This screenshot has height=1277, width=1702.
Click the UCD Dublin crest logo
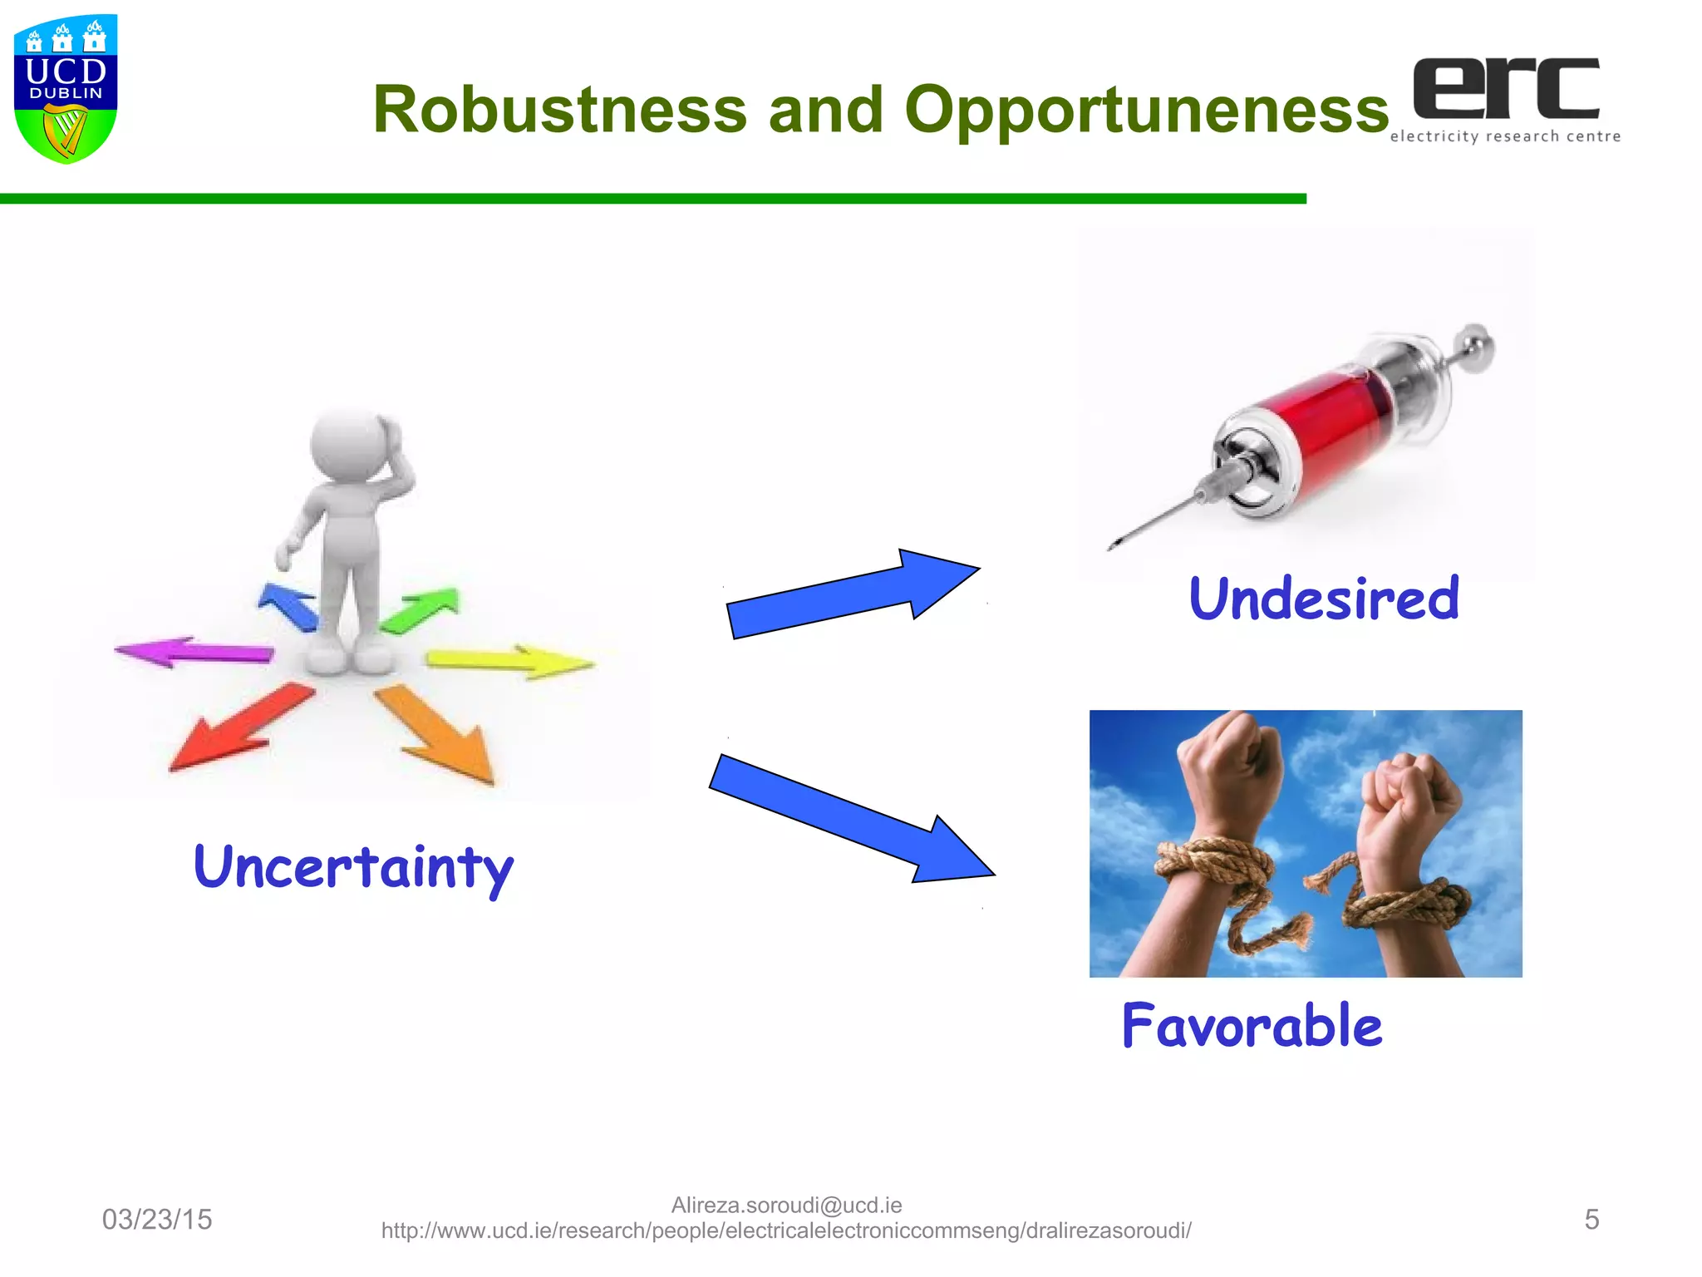[x=66, y=89]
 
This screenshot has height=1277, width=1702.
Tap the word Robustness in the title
[x=559, y=110]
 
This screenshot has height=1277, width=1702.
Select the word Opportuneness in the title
[x=1146, y=110]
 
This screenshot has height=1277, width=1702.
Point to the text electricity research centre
[x=1505, y=136]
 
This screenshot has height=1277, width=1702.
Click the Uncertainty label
[x=353, y=868]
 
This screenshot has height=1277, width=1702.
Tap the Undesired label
[x=1324, y=599]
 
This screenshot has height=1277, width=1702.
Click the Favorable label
[x=1252, y=1026]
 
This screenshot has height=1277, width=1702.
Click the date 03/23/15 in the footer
[x=157, y=1220]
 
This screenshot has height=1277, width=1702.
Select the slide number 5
[x=1591, y=1220]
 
